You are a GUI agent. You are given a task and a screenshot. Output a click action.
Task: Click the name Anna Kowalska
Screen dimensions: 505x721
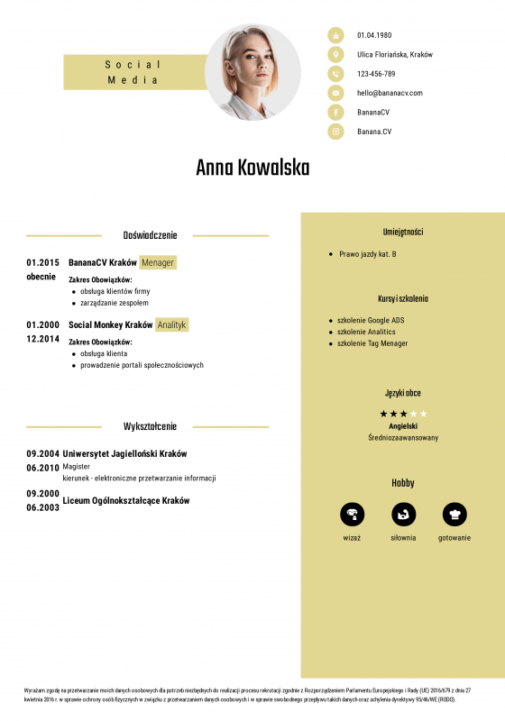tap(252, 169)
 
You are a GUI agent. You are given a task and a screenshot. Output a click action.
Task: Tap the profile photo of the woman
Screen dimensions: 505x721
tap(252, 73)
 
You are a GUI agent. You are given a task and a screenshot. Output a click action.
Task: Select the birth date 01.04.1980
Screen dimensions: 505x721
tap(374, 35)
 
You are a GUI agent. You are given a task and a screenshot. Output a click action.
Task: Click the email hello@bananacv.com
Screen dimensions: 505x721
tap(390, 93)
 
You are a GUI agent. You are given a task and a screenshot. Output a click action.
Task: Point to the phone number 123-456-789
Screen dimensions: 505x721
tap(376, 74)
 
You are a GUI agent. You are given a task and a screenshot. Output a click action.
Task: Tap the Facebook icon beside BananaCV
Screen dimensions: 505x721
tap(335, 112)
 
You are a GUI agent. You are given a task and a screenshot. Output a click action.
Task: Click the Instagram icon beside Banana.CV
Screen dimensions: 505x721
tap(335, 132)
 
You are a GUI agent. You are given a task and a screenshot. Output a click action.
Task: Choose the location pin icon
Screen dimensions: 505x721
tap(335, 54)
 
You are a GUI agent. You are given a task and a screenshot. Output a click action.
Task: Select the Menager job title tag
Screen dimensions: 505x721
tap(158, 262)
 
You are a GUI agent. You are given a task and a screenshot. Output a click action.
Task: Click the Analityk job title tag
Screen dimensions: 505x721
tap(171, 324)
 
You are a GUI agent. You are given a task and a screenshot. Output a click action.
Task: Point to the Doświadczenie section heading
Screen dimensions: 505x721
tap(150, 235)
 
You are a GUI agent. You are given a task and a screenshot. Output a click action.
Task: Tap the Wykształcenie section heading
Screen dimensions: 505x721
tap(150, 426)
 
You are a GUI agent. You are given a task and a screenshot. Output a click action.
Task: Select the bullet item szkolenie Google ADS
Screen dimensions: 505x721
tap(371, 320)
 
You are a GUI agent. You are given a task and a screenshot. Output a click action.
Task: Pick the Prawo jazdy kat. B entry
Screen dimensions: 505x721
tap(368, 254)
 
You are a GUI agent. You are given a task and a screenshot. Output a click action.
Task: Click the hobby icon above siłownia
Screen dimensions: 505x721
tap(403, 515)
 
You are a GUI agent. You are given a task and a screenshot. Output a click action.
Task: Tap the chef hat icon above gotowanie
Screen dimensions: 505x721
tap(454, 515)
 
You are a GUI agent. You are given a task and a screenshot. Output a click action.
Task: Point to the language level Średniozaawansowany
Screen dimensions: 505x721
tap(403, 438)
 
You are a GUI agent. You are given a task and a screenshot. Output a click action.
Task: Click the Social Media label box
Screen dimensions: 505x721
tap(133, 72)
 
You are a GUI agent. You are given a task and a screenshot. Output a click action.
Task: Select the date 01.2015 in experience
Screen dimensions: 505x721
tap(42, 262)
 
